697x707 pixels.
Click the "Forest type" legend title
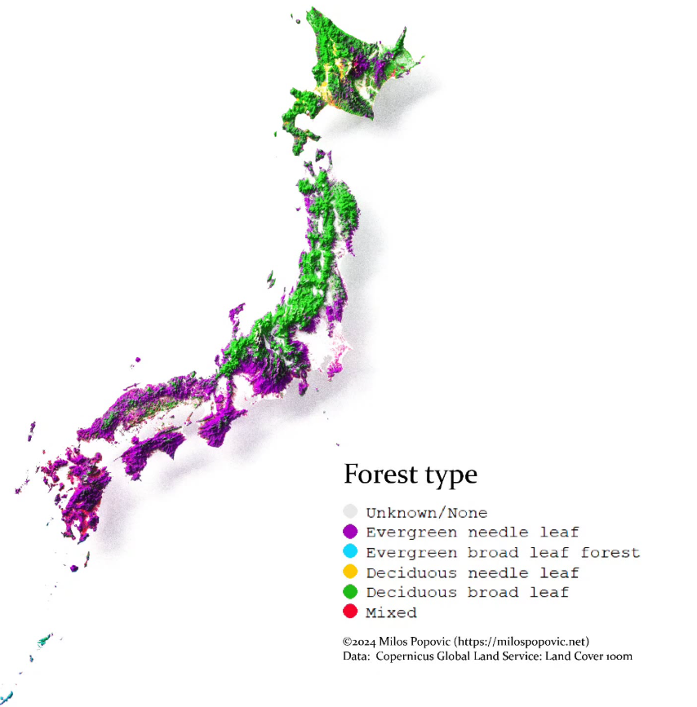tap(410, 475)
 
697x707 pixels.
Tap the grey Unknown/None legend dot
tap(350, 512)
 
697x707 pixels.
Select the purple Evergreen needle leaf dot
tap(350, 532)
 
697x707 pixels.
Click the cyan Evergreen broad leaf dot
tap(350, 552)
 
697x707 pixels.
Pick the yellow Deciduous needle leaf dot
tap(350, 572)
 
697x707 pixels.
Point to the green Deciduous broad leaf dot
tap(350, 592)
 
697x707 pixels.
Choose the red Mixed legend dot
tap(350, 612)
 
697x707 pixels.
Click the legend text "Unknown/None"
tap(426, 513)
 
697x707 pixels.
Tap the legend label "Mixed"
tap(391, 612)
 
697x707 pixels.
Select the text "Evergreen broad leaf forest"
tap(503, 553)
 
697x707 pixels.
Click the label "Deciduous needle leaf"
tap(472, 572)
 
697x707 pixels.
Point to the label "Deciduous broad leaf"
tap(467, 592)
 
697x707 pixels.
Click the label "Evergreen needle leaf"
tap(472, 532)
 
